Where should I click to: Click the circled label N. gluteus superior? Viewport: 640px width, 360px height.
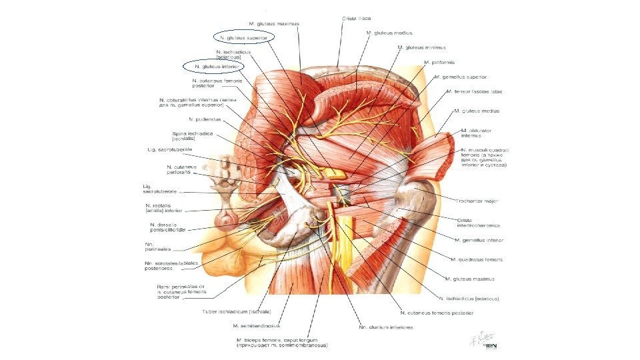pos(243,38)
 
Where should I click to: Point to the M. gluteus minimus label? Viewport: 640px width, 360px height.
pos(421,47)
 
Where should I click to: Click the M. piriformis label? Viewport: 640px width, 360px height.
pos(440,62)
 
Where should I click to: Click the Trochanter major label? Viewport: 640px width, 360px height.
pos(477,201)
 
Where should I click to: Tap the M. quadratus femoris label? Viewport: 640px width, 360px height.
pos(476,259)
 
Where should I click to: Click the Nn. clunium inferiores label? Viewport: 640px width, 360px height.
pos(386,327)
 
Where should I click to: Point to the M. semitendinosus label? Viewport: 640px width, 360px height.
pos(257,326)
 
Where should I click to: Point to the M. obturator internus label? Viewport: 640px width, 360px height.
pos(476,133)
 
